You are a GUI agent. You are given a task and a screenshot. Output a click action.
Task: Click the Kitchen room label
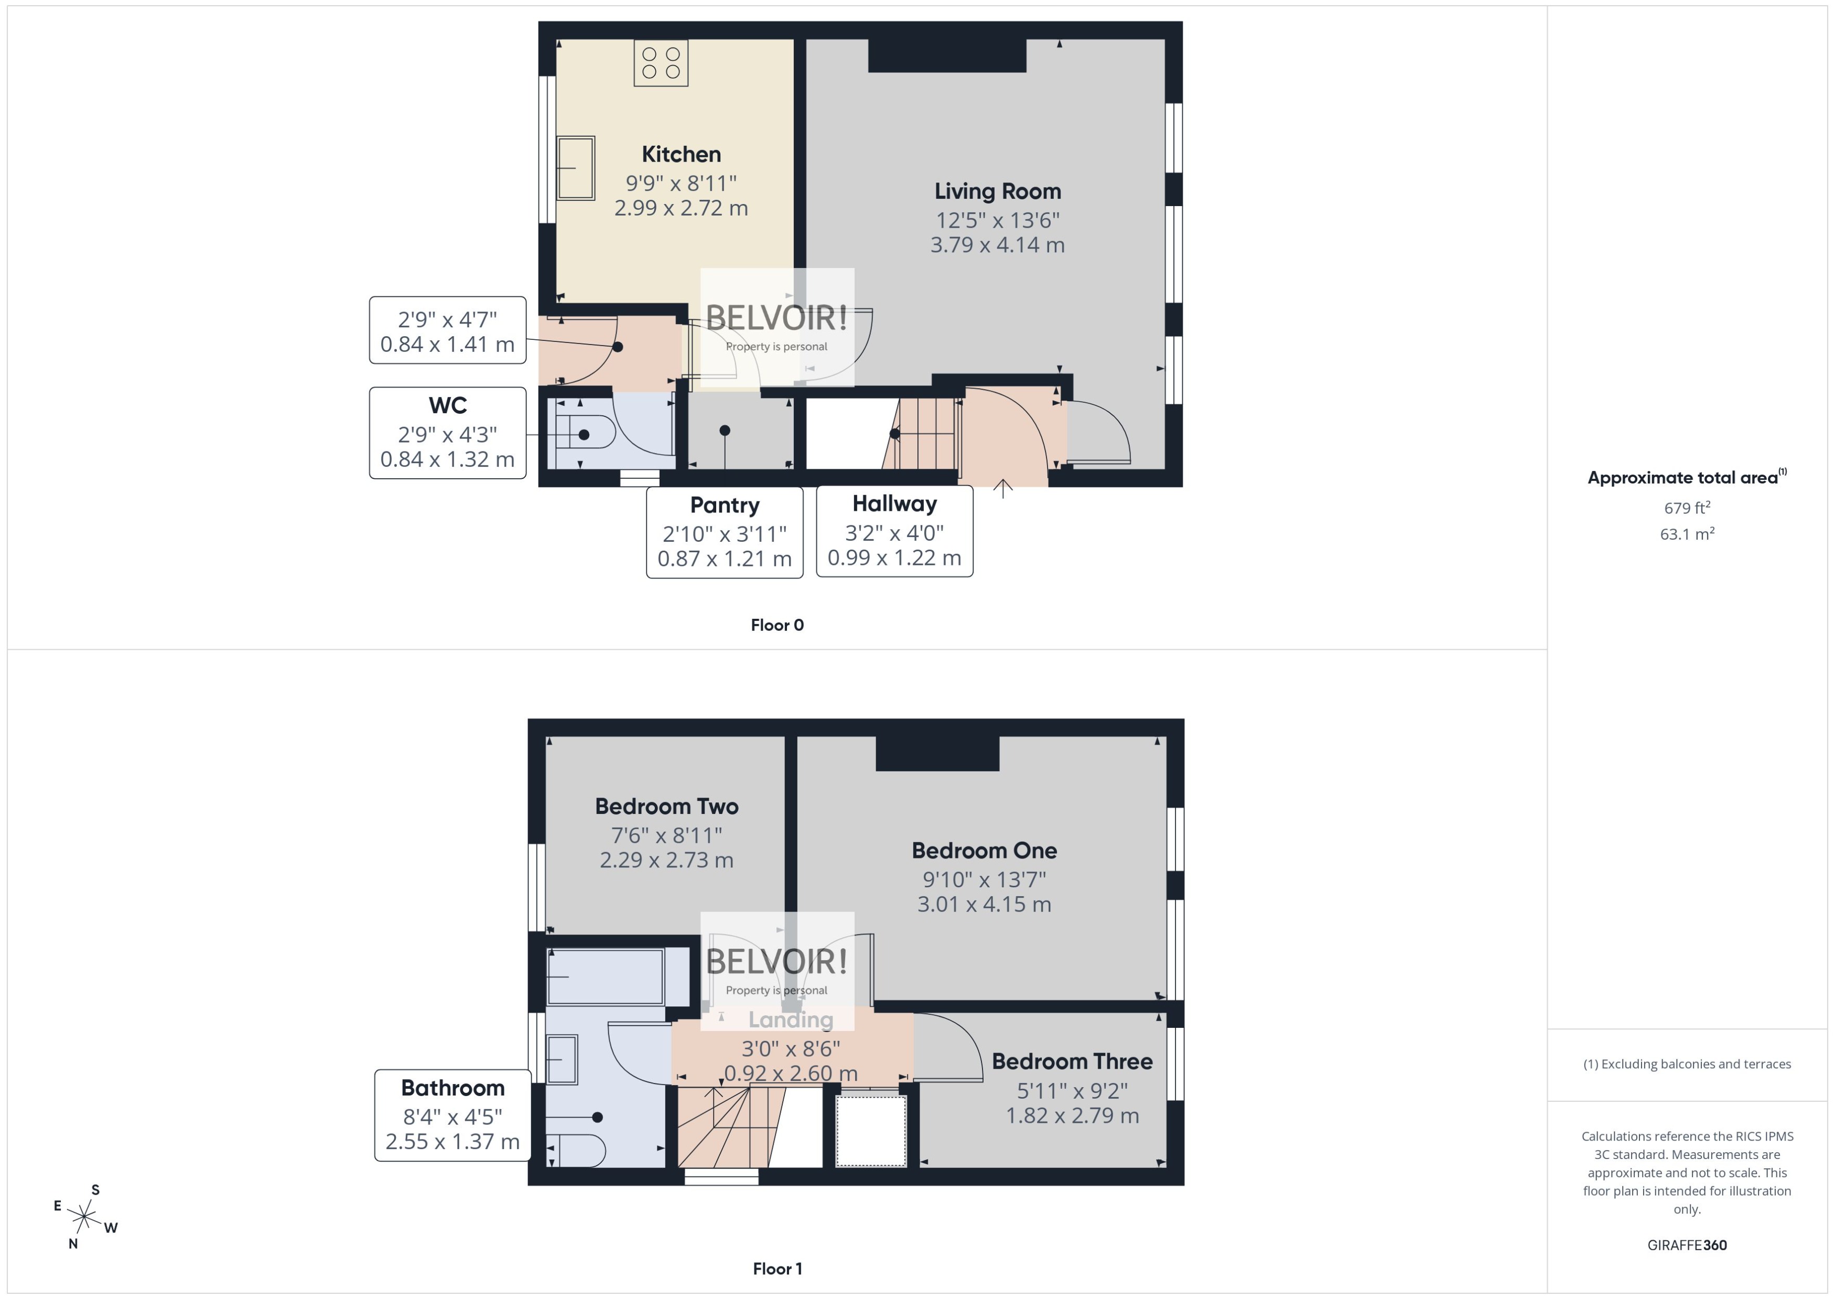coord(681,154)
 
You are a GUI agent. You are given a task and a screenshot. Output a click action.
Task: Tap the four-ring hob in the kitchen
coord(661,63)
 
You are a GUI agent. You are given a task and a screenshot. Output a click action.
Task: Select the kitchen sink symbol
coord(576,167)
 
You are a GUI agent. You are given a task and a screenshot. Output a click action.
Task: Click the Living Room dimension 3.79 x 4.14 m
coord(997,245)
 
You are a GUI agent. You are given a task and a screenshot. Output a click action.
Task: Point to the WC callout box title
coord(447,405)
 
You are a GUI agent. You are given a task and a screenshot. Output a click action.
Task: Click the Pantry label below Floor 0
coord(725,506)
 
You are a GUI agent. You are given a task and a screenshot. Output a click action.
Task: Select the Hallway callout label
coord(894,504)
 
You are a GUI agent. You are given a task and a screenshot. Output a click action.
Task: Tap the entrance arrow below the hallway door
coord(1002,488)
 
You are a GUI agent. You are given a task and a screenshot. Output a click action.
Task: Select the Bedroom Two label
coord(666,806)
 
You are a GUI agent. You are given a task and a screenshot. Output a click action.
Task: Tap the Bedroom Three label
coord(1072,1061)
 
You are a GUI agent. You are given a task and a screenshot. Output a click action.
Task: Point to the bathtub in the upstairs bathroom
coord(605,976)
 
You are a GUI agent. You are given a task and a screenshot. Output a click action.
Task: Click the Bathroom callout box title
coord(452,1088)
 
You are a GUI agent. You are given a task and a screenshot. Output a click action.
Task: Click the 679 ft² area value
coord(1686,508)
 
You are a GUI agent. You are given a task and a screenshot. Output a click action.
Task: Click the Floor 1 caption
coord(777,1269)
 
